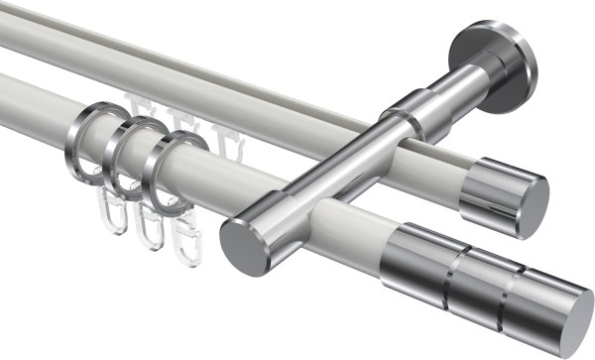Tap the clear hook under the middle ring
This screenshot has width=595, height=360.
pyautogui.click(x=149, y=228)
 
